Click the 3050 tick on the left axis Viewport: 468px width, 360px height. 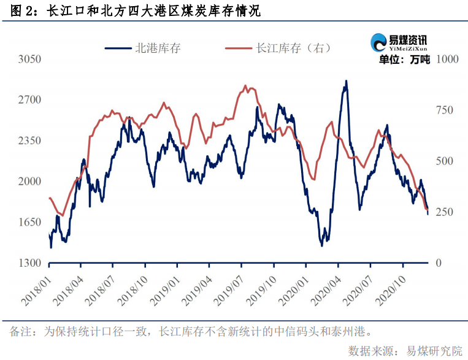click(29, 59)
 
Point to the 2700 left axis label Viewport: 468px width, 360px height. click(29, 100)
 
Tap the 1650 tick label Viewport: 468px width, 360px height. click(29, 222)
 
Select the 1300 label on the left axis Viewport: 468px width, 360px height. click(29, 263)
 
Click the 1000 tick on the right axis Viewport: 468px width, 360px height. click(447, 59)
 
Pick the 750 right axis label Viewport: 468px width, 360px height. click(445, 110)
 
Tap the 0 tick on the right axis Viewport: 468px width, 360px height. click(439, 263)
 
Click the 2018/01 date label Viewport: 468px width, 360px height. click(36, 291)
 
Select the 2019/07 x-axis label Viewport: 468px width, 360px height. click(229, 291)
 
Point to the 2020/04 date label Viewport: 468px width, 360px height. click(325, 291)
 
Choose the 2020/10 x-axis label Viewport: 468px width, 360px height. click(390, 291)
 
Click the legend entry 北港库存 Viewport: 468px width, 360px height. click(143, 48)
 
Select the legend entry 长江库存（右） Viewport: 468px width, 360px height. click(278, 48)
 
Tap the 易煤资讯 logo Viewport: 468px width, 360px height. click(399, 43)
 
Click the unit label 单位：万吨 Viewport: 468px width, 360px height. click(404, 59)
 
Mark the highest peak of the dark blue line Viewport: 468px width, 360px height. click(346, 80)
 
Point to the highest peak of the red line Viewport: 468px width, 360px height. click(245, 86)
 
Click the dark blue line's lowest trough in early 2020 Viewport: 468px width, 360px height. click(322, 246)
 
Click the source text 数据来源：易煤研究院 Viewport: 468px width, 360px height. click(405, 351)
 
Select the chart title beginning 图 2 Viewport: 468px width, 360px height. click(136, 11)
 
